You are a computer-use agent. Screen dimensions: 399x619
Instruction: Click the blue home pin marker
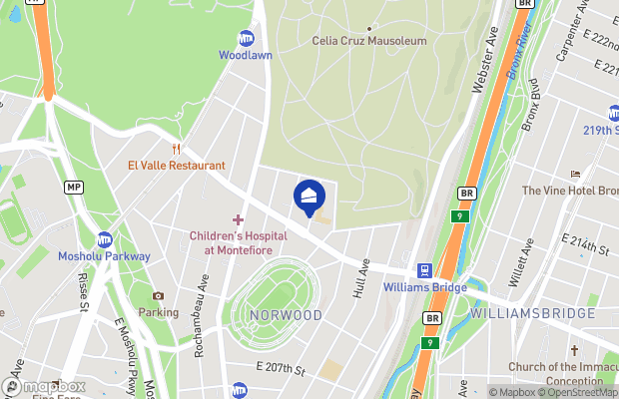pyautogui.click(x=309, y=197)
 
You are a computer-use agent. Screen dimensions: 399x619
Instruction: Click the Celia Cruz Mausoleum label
pyautogui.click(x=369, y=41)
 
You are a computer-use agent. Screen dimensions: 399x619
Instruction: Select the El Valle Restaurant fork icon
pyautogui.click(x=175, y=150)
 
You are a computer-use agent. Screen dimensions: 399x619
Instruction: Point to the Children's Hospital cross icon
pyautogui.click(x=238, y=219)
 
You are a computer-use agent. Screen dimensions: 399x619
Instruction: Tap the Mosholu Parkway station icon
pyautogui.click(x=104, y=239)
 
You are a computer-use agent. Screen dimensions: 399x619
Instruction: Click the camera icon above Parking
pyautogui.click(x=158, y=295)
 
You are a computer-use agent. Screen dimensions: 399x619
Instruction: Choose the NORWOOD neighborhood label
pyautogui.click(x=287, y=315)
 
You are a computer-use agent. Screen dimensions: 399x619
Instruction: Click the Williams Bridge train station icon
pyautogui.click(x=423, y=269)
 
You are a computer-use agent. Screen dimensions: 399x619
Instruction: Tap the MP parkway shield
pyautogui.click(x=73, y=187)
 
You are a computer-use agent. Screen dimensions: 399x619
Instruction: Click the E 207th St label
pyautogui.click(x=281, y=369)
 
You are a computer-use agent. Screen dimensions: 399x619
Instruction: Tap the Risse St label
pyautogui.click(x=83, y=292)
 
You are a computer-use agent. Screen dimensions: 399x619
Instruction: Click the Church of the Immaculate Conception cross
pyautogui.click(x=574, y=351)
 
